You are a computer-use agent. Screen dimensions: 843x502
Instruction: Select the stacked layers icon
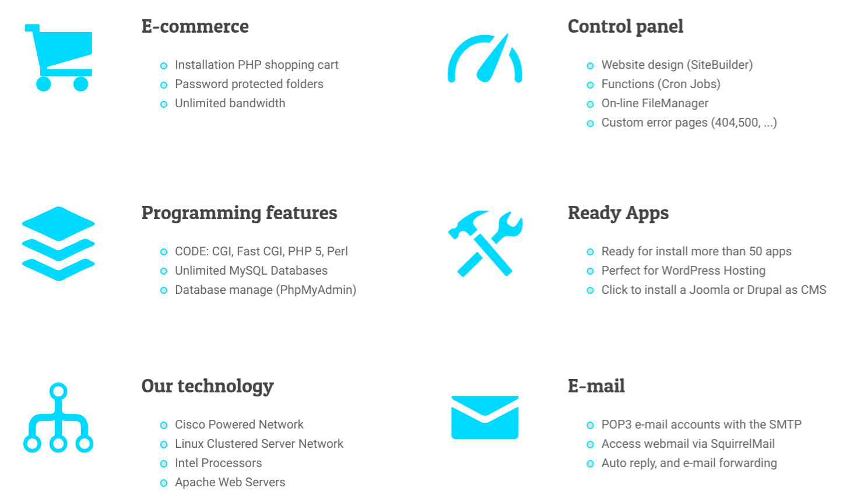pos(58,244)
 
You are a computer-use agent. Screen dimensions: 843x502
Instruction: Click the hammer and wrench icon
pos(485,244)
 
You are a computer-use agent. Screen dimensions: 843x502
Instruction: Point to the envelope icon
pos(484,417)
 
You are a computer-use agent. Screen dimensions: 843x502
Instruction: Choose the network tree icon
pos(58,417)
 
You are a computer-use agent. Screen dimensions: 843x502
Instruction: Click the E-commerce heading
pos(195,26)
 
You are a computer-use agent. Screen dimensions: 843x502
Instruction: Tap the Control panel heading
pos(625,26)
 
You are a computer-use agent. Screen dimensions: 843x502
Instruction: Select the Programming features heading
pos(240,213)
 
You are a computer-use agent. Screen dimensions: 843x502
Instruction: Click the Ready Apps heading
pos(618,213)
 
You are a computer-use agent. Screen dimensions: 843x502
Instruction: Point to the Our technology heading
pos(208,387)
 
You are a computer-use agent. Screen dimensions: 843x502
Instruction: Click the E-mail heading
pos(596,386)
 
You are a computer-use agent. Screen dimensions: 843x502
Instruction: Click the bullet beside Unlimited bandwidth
pos(164,104)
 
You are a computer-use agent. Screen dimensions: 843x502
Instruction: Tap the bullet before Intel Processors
pos(164,464)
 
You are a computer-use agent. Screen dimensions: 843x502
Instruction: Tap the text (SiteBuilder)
pos(719,65)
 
